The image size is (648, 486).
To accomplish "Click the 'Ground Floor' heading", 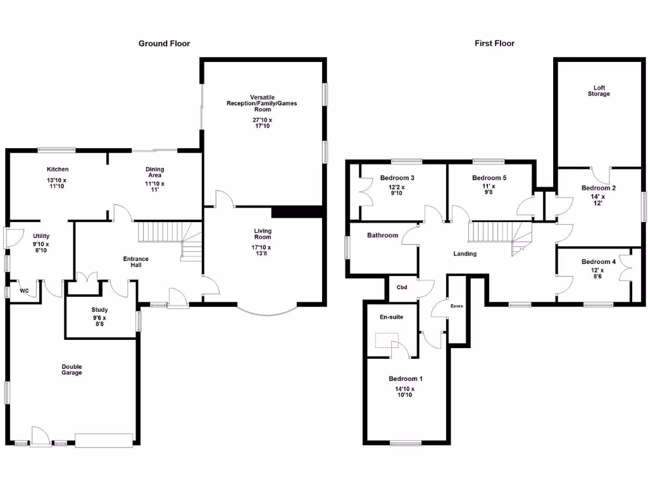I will (x=164, y=44).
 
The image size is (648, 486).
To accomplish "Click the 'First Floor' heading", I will (x=494, y=44).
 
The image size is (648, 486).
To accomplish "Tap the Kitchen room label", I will (x=58, y=170).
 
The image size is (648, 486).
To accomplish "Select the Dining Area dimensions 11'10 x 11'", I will (x=154, y=187).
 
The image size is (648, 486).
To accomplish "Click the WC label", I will (x=25, y=291).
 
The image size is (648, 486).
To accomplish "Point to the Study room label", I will (x=100, y=310).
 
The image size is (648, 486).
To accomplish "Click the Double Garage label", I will (x=72, y=370).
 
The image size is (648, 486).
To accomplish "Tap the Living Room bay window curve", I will (x=266, y=312).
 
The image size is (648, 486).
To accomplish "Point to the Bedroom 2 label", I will (x=599, y=188).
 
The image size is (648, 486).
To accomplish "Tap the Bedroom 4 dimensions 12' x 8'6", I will (x=599, y=274).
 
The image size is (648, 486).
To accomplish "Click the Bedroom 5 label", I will (x=489, y=178).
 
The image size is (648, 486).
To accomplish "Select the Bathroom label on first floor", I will (x=382, y=235).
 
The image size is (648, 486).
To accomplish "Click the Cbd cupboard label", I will (x=401, y=287).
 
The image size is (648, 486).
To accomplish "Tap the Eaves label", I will (x=456, y=306).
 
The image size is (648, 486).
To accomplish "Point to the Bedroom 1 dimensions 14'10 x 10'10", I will (x=405, y=392).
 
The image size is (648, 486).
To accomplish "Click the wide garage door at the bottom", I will (x=104, y=440).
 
